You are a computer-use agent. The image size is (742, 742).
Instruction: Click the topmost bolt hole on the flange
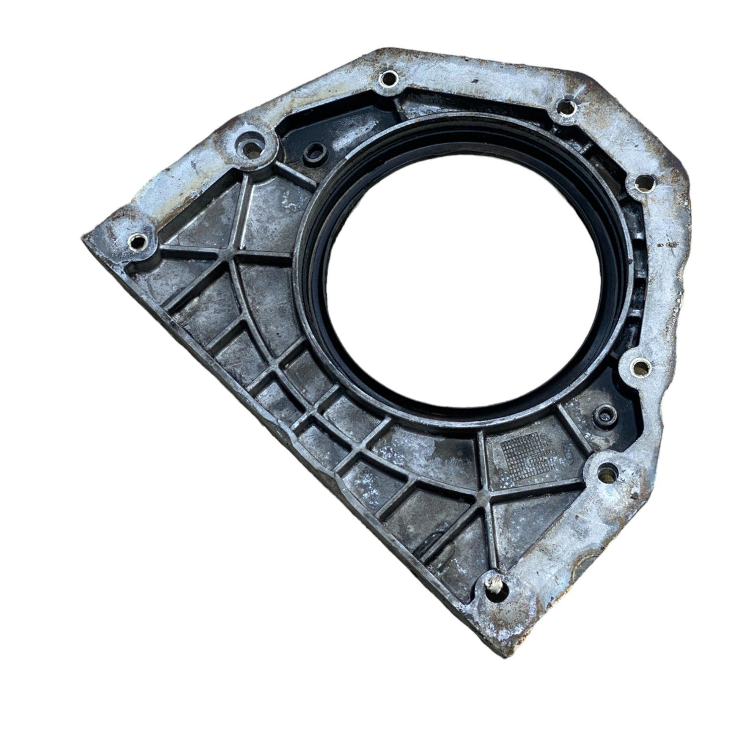(x=388, y=79)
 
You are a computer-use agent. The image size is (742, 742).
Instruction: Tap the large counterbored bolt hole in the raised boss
(x=251, y=147)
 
